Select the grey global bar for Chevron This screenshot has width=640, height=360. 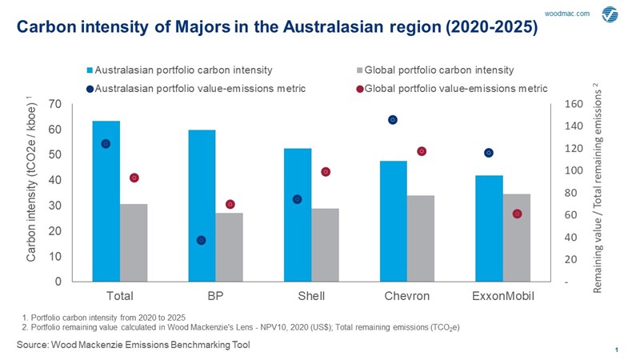pos(421,238)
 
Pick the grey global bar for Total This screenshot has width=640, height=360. pos(134,242)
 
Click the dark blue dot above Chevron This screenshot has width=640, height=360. pos(393,120)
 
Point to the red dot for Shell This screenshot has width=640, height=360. pos(326,172)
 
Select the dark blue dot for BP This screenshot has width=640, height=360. pos(202,240)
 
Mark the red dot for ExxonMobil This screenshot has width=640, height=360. pos(517,214)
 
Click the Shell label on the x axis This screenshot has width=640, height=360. pos(311,296)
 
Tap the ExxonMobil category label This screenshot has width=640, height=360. pos(503,296)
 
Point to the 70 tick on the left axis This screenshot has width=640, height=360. pos(55,104)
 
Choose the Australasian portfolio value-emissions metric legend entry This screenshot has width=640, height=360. pos(200,88)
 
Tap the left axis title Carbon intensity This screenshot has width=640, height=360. pos(31,192)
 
